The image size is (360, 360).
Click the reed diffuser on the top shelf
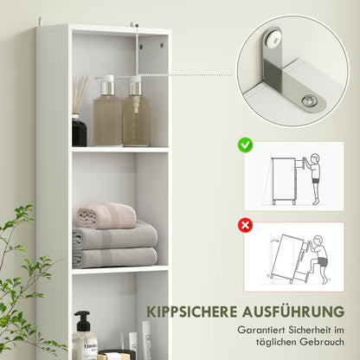click(80, 112)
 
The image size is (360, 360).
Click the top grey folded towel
click(114, 237)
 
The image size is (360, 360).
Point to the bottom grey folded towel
click(114, 257)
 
